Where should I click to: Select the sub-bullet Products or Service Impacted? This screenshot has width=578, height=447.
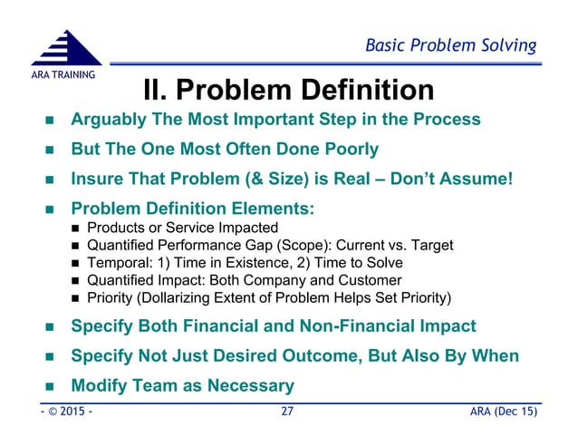pos(182,228)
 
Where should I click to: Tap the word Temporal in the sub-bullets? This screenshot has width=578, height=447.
pos(117,263)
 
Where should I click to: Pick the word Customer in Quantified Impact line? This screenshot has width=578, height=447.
pos(369,280)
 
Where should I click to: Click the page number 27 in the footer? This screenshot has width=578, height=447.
pos(288,413)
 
